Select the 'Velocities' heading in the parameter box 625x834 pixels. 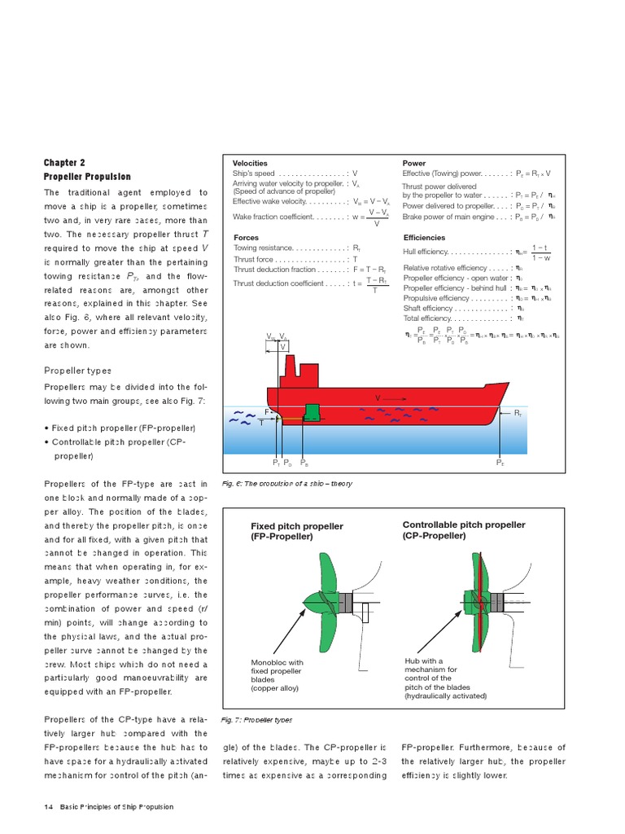[250, 164]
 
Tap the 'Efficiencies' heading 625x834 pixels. [424, 238]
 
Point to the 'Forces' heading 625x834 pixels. [246, 238]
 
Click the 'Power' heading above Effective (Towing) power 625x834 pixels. [414, 164]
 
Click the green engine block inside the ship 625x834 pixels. [311, 413]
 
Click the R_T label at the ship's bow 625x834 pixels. [517, 414]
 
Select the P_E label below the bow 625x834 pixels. [500, 463]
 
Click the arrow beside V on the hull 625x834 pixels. [395, 398]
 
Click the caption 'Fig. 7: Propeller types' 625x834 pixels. [257, 720]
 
